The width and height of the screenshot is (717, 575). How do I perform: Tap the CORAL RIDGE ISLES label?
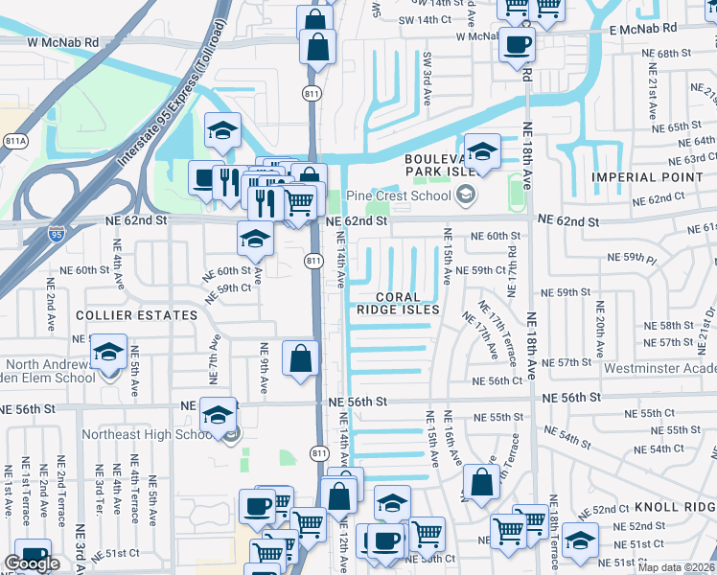398,303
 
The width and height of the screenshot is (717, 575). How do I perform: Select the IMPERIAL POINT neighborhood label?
652,177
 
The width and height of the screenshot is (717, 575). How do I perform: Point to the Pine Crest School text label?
400,195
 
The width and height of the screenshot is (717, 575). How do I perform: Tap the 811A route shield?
15,141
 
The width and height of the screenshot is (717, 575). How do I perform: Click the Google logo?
32,563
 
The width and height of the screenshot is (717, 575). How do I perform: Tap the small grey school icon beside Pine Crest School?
467,195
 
